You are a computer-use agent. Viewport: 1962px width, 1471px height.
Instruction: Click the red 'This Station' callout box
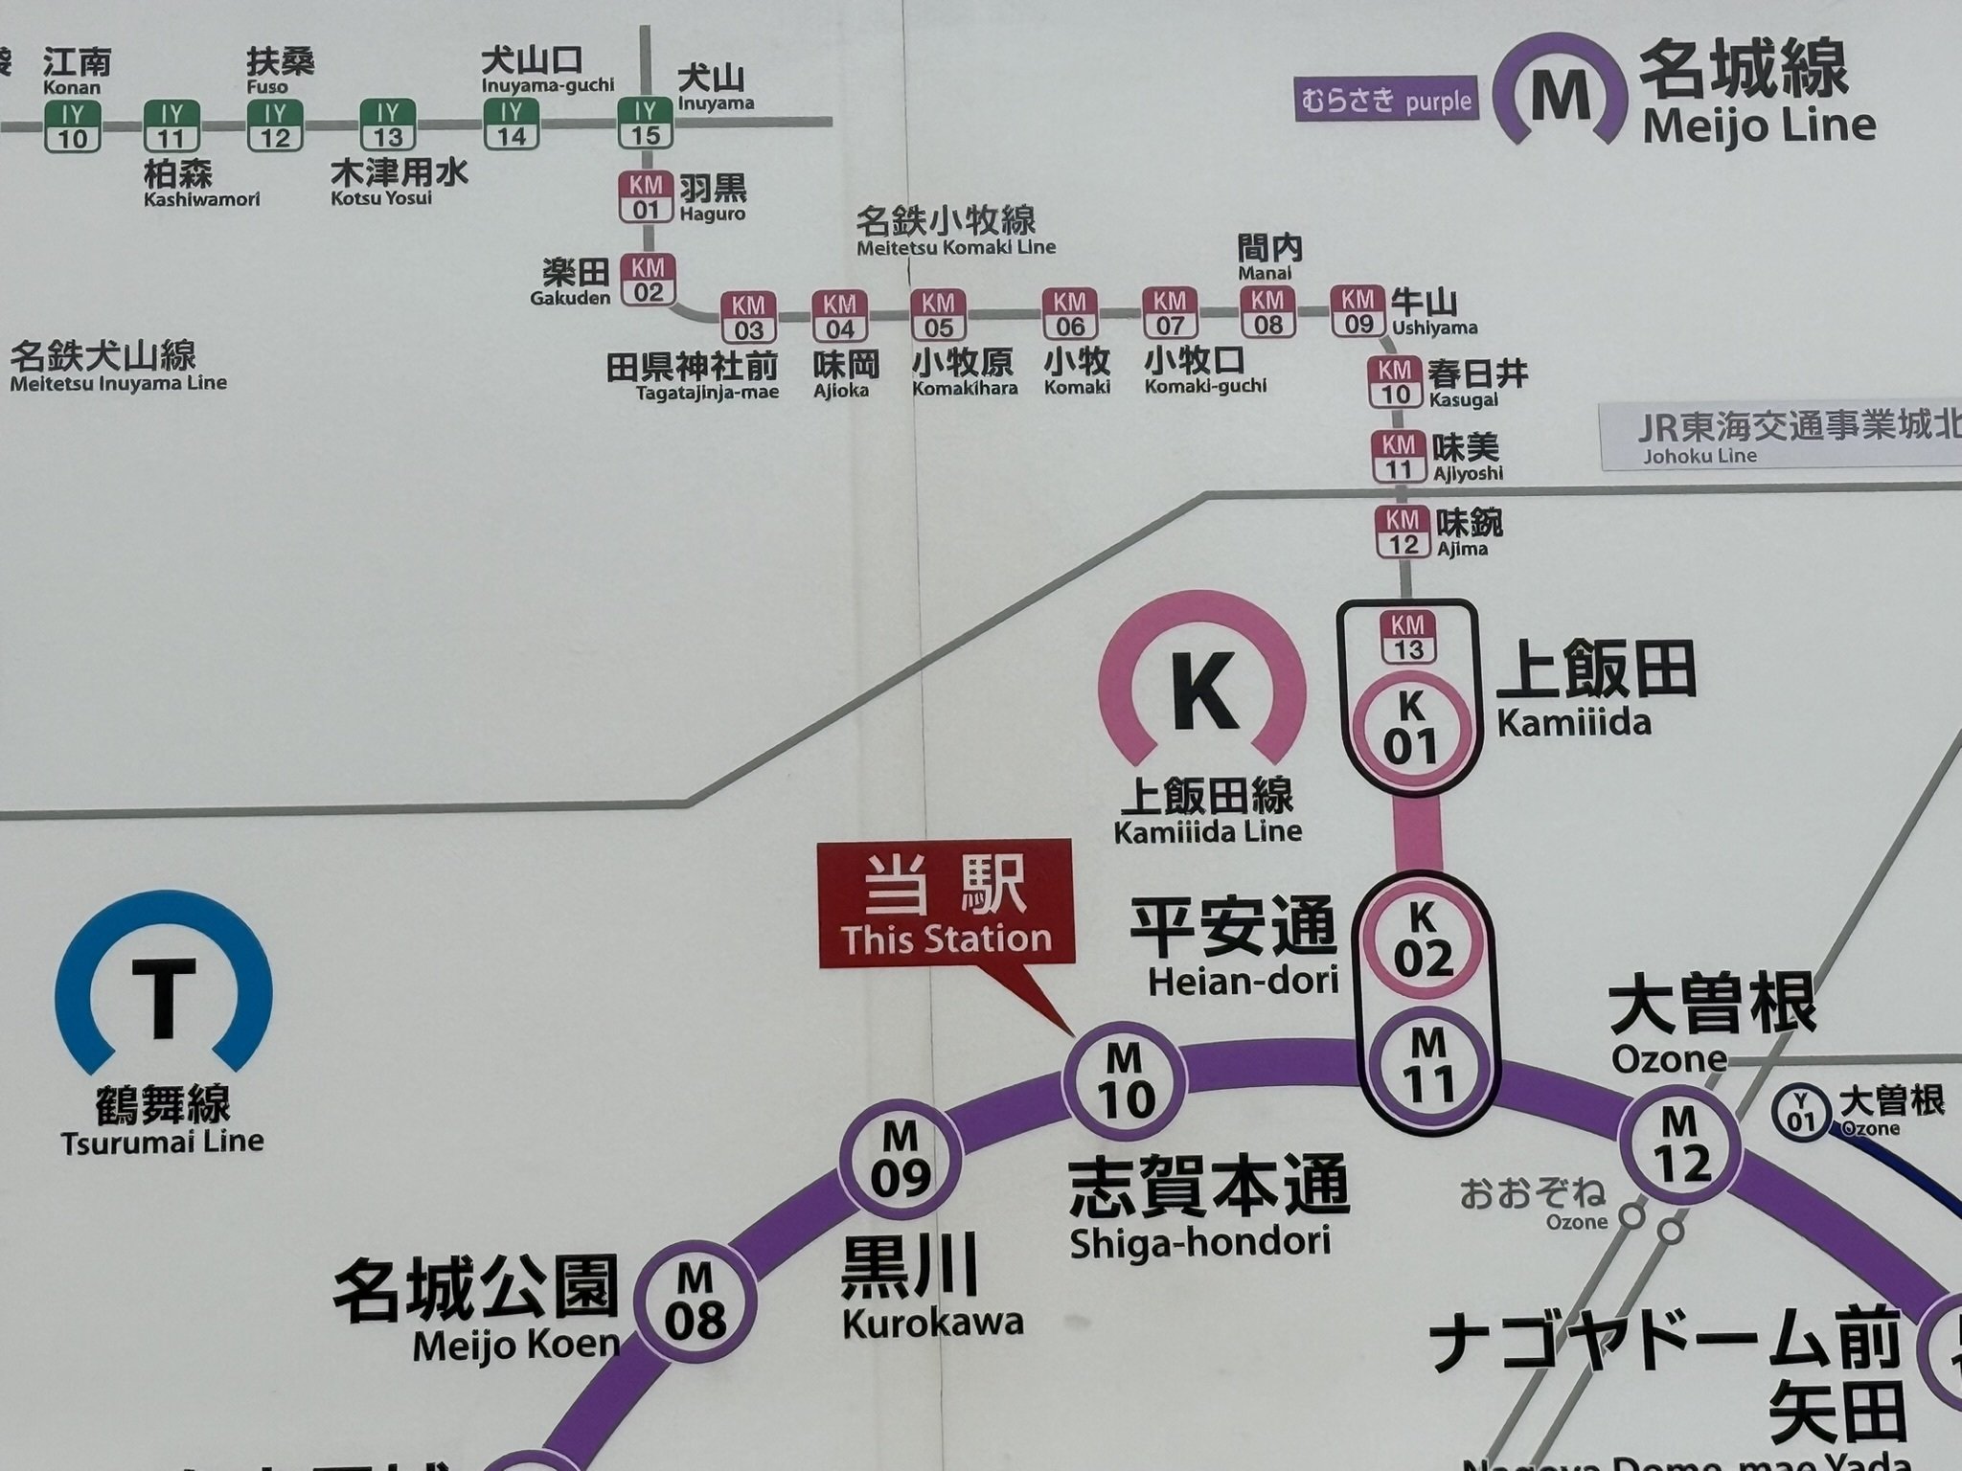click(x=947, y=902)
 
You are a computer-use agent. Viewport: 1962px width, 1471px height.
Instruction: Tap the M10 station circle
click(x=1125, y=1082)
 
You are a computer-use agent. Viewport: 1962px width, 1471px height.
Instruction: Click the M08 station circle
click(x=696, y=1301)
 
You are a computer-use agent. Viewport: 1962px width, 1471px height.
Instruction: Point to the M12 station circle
click(x=1680, y=1145)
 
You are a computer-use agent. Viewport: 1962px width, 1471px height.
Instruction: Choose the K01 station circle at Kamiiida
click(x=1409, y=730)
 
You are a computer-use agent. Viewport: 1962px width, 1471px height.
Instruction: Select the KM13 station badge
click(x=1407, y=637)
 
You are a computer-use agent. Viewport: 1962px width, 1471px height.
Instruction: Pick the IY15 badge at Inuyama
click(x=645, y=124)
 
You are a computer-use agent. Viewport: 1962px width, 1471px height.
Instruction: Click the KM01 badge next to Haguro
click(x=646, y=196)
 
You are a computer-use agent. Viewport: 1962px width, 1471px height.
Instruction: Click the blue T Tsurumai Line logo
click(x=164, y=992)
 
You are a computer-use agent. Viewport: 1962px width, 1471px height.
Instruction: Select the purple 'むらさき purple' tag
click(x=1386, y=100)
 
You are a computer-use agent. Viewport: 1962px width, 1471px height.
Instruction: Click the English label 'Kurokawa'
click(x=932, y=1323)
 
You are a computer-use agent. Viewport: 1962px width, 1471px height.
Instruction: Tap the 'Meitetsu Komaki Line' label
click(x=955, y=247)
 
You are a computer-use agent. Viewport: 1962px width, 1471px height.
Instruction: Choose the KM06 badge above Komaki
click(x=1069, y=314)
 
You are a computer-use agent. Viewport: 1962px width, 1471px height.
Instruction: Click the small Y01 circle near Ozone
click(x=1801, y=1111)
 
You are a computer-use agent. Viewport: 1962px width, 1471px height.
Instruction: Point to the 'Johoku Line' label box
click(x=1780, y=437)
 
